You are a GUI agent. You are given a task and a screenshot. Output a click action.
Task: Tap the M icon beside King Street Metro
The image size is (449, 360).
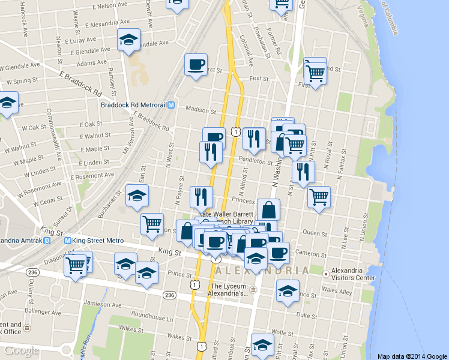click(68, 241)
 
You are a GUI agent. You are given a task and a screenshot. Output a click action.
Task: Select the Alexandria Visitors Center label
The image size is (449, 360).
click(350, 274)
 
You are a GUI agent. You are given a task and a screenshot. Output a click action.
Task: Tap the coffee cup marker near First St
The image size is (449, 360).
click(195, 64)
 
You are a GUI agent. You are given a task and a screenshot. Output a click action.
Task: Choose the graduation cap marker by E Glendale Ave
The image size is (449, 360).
click(128, 40)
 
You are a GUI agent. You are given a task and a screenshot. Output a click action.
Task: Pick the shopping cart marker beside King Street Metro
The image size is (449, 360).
click(76, 265)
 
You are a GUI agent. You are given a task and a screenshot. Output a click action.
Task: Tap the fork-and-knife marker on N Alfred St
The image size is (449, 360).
click(254, 139)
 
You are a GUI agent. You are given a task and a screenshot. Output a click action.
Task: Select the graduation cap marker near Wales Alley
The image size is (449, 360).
click(288, 292)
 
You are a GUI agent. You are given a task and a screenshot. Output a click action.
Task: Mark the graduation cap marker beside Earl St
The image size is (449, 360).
click(137, 195)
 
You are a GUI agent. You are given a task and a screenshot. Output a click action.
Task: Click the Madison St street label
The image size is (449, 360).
click(200, 110)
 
